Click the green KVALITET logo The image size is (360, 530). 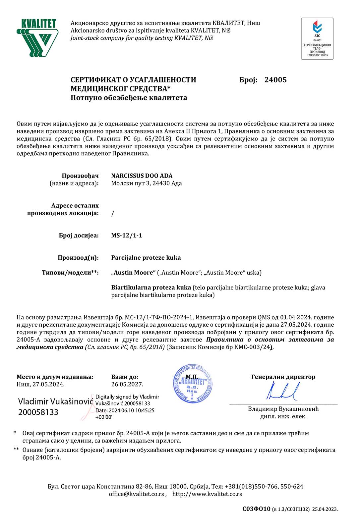37,37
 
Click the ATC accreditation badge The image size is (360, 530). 317,39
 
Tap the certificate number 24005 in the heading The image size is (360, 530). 275,80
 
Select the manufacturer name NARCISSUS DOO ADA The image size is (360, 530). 142,176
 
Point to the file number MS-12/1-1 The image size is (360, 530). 126,236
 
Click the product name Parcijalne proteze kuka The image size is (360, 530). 146,258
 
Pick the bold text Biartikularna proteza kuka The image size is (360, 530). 151,288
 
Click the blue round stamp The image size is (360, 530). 192,384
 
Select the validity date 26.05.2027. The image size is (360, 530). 127,384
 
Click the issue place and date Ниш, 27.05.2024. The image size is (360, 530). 40,384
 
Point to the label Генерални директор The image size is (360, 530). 283,377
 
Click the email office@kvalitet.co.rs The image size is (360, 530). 136,494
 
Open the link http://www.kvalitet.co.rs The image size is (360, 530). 207,494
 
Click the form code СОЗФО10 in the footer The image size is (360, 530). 256,509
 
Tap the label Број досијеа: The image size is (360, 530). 79,236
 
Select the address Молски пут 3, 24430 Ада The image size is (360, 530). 146,183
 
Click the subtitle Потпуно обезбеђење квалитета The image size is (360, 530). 129,98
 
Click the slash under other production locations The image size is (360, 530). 113,213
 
